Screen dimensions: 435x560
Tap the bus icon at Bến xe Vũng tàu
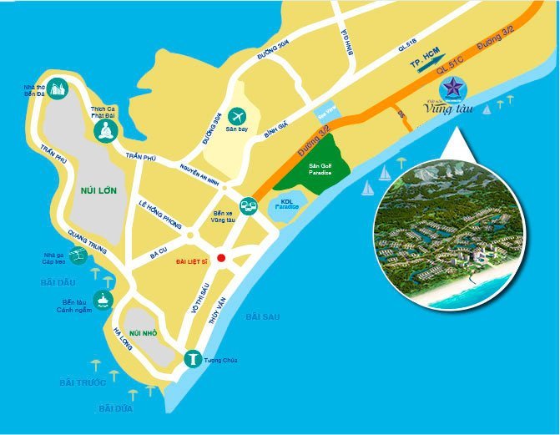[248, 205]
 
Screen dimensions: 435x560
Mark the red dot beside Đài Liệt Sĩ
[220, 257]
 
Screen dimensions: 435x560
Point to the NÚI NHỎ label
[144, 333]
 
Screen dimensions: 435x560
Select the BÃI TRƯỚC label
[83, 382]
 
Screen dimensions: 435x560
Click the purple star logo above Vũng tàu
[457, 86]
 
